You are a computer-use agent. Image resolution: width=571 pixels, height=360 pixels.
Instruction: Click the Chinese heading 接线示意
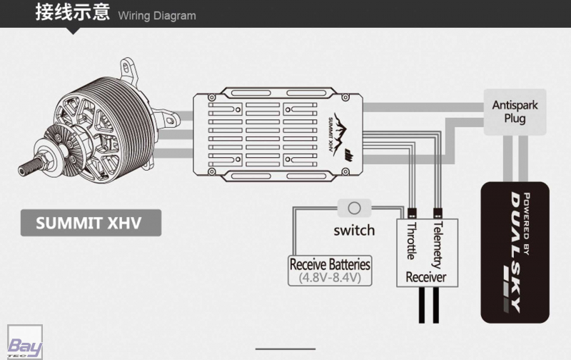point(72,12)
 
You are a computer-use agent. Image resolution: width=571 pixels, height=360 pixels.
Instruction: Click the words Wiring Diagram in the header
point(156,16)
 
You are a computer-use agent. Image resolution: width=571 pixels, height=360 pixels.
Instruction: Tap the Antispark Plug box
point(515,112)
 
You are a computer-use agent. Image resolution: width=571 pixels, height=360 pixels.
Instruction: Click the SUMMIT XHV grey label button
point(89,223)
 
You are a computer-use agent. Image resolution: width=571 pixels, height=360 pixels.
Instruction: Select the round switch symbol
point(353,209)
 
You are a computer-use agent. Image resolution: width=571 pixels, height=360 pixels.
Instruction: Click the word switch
point(353,230)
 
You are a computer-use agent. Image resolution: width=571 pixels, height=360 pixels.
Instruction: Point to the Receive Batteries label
point(330,264)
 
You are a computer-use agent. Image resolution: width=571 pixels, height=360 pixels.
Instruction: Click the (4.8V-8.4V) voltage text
point(330,278)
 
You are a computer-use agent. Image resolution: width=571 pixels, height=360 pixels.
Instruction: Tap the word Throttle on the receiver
point(411,242)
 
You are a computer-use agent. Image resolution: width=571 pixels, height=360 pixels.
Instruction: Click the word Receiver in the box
point(425,276)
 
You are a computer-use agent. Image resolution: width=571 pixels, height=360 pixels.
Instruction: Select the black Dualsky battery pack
point(514,250)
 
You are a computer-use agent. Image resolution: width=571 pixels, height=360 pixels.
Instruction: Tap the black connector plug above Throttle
point(411,213)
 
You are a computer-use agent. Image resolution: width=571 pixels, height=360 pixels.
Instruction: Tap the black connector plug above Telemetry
point(436,213)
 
